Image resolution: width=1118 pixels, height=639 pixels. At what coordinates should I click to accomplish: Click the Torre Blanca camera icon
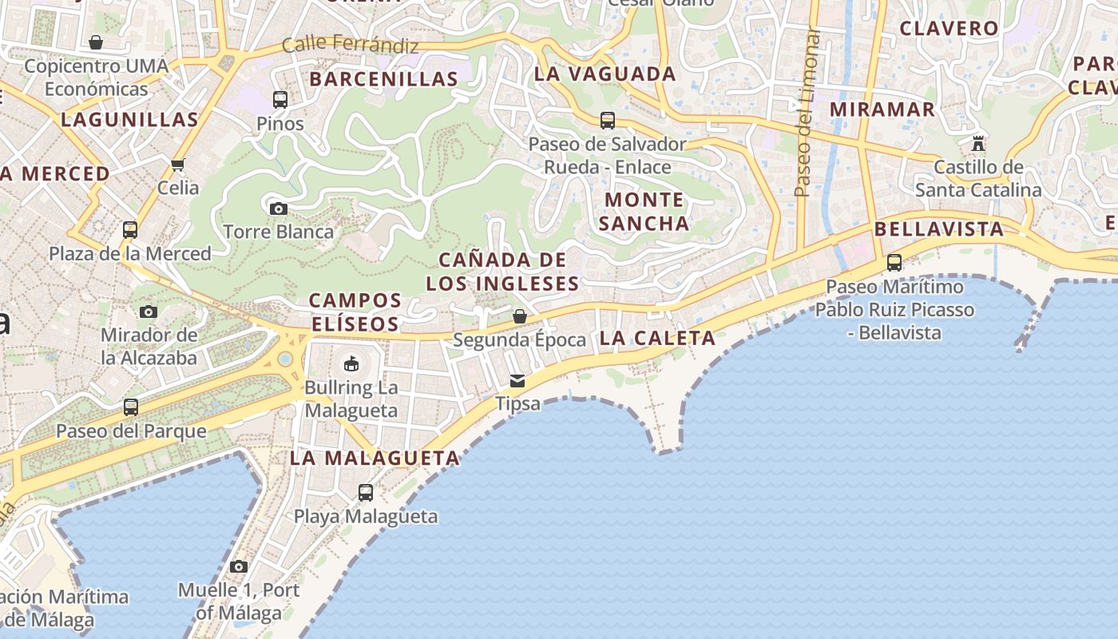click(278, 208)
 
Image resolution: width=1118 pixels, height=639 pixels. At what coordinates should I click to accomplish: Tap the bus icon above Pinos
click(279, 100)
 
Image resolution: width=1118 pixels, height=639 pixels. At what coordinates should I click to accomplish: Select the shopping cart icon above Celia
click(177, 165)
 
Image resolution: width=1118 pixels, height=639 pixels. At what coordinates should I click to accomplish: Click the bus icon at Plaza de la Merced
click(130, 230)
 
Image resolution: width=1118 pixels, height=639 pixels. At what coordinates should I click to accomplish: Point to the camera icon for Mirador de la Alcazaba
click(149, 312)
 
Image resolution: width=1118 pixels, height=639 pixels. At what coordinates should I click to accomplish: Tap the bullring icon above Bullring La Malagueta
click(350, 364)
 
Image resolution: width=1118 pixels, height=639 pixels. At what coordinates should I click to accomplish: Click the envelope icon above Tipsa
click(517, 380)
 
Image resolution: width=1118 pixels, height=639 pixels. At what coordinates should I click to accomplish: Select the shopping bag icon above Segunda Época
click(519, 317)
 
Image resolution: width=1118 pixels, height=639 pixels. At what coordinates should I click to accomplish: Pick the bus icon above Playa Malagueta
click(365, 493)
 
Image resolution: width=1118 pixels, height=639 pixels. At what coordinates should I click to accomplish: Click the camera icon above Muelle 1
click(238, 566)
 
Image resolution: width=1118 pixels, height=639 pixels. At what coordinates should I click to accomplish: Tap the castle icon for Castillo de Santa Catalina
click(978, 144)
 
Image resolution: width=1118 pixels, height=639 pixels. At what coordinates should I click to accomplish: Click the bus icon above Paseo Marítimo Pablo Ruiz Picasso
click(894, 263)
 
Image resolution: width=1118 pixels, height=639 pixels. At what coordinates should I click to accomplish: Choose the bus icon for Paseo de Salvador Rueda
click(608, 121)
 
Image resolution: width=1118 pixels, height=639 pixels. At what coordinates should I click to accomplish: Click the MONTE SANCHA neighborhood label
click(644, 212)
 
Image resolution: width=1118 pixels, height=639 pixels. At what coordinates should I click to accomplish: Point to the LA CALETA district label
click(657, 338)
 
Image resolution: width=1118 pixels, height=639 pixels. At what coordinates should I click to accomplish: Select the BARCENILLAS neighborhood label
click(383, 79)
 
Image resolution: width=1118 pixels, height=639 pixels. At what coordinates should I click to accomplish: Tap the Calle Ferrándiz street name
click(351, 45)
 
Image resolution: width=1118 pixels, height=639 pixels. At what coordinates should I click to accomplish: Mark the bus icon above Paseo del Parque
click(131, 407)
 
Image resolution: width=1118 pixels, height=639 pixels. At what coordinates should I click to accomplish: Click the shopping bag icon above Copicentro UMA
click(96, 42)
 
